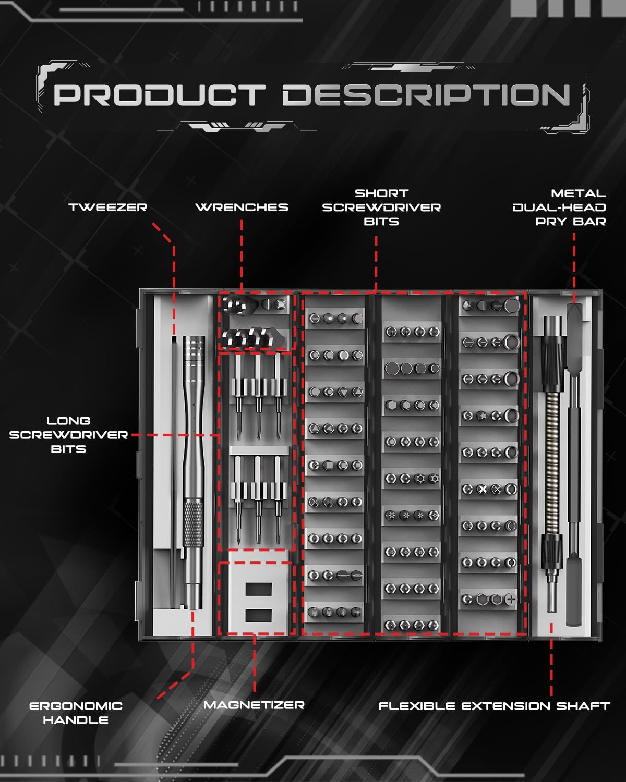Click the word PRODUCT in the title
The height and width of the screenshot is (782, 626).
pyautogui.click(x=159, y=95)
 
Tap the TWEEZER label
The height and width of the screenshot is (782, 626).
pyautogui.click(x=108, y=207)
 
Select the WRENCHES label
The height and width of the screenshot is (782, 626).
pyautogui.click(x=242, y=207)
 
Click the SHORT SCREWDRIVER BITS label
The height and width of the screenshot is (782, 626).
pyautogui.click(x=381, y=207)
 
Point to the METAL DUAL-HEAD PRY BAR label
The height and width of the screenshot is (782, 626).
pyautogui.click(x=560, y=207)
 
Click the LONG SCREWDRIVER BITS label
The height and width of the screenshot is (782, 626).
pyautogui.click(x=68, y=435)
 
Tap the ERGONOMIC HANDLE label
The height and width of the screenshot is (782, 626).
pyautogui.click(x=76, y=713)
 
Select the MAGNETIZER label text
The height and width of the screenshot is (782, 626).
pyautogui.click(x=254, y=705)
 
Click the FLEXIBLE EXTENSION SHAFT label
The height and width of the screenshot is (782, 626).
pyautogui.click(x=494, y=706)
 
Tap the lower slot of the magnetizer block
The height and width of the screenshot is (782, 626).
pyautogui.click(x=258, y=615)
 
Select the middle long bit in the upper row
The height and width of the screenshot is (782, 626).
pyautogui.click(x=257, y=396)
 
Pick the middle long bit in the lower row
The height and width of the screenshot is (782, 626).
pyautogui.click(x=257, y=498)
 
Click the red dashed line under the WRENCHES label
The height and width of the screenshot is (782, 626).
pyautogui.click(x=242, y=255)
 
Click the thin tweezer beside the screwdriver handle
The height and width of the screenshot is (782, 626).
pyautogui.click(x=174, y=469)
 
